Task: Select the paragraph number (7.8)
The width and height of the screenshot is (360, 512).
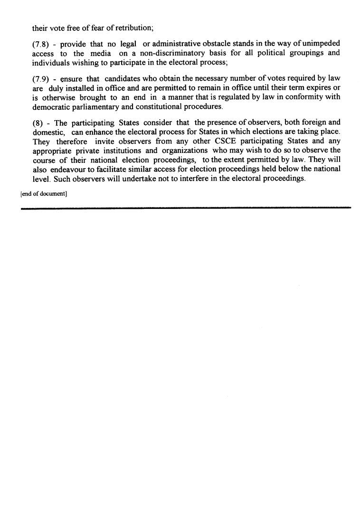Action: [41, 44]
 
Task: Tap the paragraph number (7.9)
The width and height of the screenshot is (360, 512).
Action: [41, 79]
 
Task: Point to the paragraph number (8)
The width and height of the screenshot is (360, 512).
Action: [37, 123]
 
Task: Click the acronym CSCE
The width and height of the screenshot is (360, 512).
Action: [226, 141]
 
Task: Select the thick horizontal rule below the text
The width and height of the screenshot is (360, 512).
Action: [186, 208]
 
